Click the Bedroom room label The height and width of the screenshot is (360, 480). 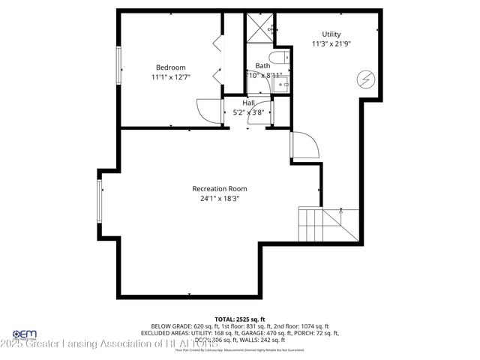(x=170, y=67)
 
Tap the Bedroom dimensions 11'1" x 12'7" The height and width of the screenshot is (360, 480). (x=170, y=76)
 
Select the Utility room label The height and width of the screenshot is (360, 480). (x=331, y=34)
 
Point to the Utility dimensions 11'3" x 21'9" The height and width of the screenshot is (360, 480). (x=331, y=43)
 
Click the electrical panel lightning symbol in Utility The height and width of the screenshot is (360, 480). (x=365, y=78)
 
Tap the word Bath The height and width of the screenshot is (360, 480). (x=262, y=66)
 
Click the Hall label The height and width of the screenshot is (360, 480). (x=248, y=103)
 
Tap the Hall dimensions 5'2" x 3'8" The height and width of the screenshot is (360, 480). (x=248, y=112)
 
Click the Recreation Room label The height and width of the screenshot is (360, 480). (x=219, y=189)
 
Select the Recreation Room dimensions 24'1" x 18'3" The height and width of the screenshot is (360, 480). (x=219, y=199)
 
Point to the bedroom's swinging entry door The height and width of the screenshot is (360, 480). (x=208, y=111)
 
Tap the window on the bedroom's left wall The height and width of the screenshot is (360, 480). (x=118, y=66)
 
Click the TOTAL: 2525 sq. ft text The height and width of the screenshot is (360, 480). (x=239, y=319)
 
